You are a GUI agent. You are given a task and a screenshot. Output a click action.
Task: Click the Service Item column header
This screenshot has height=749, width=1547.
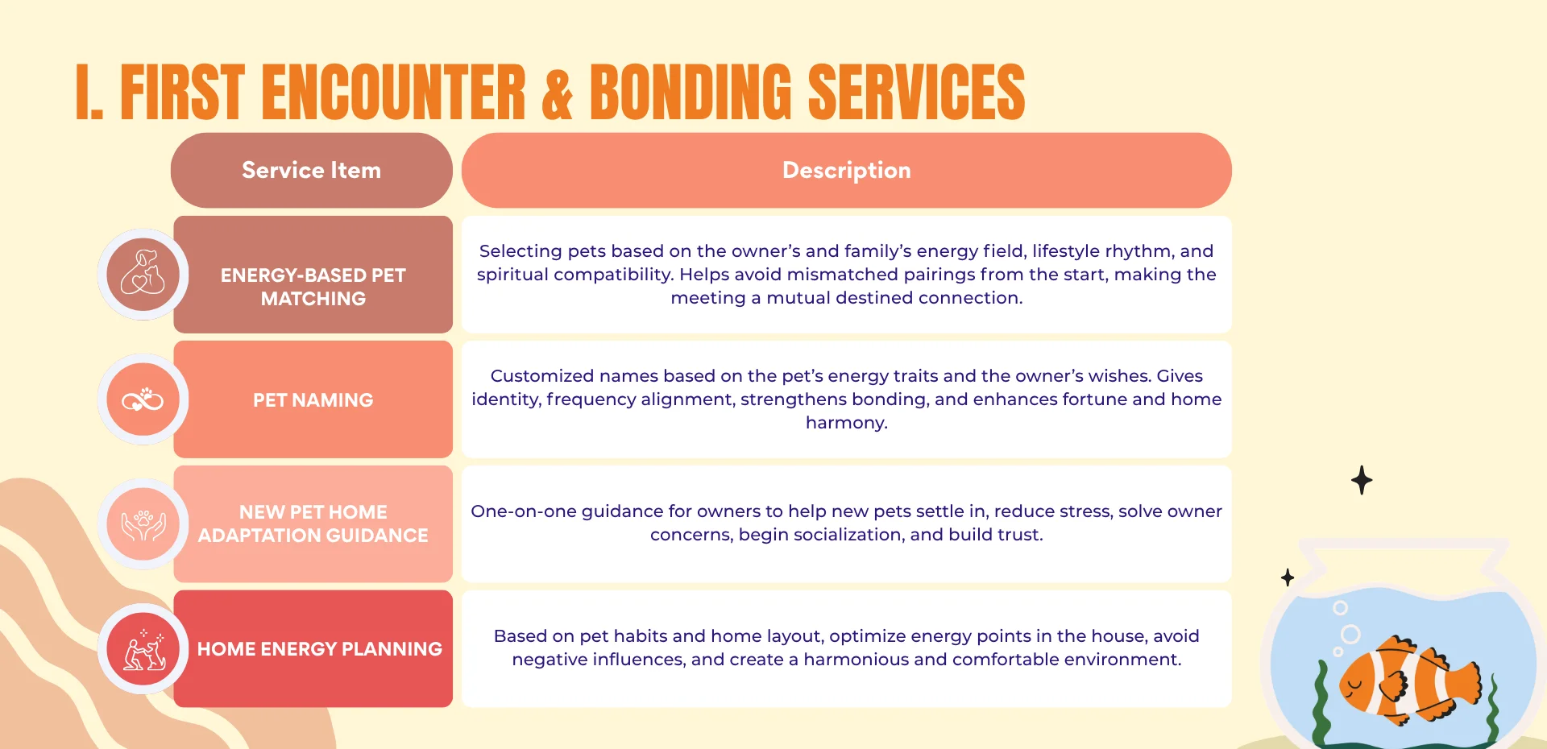311,171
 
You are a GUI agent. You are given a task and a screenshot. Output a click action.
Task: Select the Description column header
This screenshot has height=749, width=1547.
846,171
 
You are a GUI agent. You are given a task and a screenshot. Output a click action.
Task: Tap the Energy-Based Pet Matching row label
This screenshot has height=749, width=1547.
313,287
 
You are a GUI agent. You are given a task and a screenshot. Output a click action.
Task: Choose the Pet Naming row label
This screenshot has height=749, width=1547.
313,400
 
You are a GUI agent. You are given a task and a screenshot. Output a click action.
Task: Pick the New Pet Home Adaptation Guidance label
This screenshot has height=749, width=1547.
313,523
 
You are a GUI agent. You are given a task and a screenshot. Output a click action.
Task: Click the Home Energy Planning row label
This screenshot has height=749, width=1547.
319,649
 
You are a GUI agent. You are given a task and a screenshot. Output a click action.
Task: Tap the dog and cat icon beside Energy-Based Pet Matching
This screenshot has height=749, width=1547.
143,274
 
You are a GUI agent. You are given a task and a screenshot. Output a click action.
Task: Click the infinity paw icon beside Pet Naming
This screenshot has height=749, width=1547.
143,399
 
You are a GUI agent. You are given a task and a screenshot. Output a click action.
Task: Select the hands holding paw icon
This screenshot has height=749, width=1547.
143,524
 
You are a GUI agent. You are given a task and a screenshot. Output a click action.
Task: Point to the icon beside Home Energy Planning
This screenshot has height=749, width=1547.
143,649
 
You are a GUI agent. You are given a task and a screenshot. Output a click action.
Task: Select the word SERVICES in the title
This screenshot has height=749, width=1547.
916,93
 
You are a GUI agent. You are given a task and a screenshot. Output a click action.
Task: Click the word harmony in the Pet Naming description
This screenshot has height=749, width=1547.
846,423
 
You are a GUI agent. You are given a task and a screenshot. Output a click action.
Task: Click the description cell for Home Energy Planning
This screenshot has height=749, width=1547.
846,648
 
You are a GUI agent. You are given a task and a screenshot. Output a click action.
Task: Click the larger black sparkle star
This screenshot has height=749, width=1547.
1362,480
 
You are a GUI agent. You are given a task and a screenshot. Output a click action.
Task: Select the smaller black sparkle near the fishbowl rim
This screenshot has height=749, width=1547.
1288,577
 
